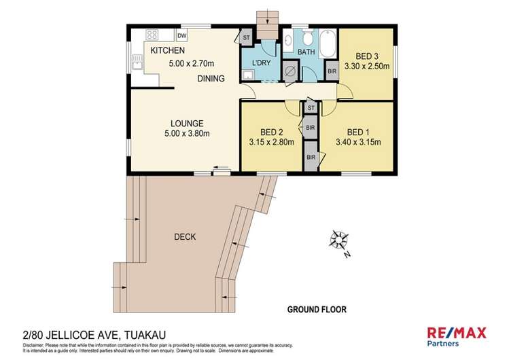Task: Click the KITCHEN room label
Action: [167, 51]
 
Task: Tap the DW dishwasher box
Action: [181, 36]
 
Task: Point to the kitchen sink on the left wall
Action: [137, 62]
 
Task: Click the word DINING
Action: [211, 79]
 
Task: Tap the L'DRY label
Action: [261, 63]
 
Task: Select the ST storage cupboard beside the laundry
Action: [246, 37]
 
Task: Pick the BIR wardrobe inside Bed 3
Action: [332, 71]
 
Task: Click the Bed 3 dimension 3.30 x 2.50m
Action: [368, 67]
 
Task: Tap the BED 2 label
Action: [271, 132]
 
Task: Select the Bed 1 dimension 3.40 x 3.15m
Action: [357, 143]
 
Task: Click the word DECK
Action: [185, 237]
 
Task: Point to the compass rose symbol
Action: [338, 240]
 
